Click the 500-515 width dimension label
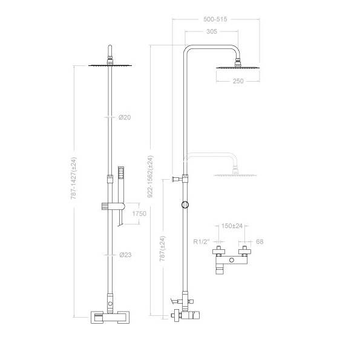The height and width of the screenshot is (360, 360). pyautogui.click(x=217, y=19)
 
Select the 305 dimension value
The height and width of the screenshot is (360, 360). pyautogui.click(x=212, y=31)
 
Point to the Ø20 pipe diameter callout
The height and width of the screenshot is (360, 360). pyautogui.click(x=124, y=117)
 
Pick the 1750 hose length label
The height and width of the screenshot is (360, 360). pyautogui.click(x=139, y=214)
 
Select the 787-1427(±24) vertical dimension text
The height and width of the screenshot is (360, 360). pyautogui.click(x=74, y=179)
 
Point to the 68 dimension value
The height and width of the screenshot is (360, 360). pyautogui.click(x=260, y=241)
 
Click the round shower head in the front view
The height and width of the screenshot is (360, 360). pyautogui.click(x=110, y=65)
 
